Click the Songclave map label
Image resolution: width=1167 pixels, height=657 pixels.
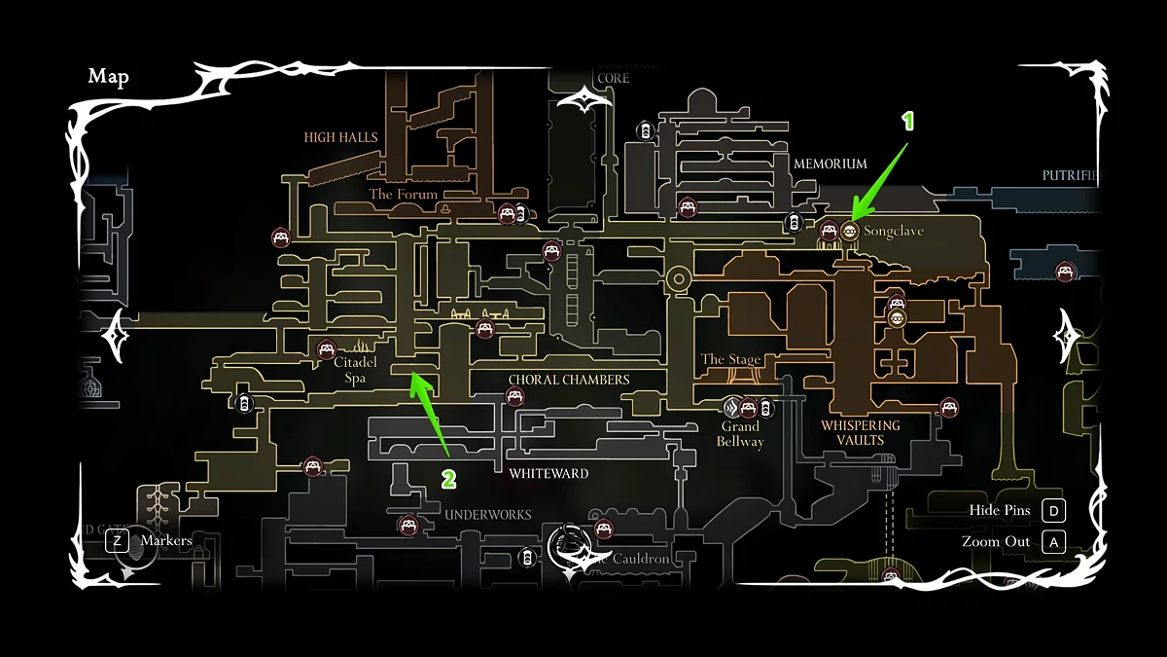tap(893, 232)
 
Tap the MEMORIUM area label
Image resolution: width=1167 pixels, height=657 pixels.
tap(830, 164)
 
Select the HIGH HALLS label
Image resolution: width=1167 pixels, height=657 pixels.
tap(340, 137)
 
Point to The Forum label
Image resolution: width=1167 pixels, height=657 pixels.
tap(403, 195)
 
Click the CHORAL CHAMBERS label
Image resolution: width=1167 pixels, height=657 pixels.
tap(569, 380)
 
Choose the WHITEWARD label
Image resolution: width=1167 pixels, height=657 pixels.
tap(548, 474)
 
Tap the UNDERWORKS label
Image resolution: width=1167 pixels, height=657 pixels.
tap(488, 514)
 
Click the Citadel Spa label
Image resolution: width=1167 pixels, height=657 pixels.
tap(355, 370)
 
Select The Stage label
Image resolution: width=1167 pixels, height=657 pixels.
tap(731, 359)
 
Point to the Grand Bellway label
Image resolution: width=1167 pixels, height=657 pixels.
tap(740, 434)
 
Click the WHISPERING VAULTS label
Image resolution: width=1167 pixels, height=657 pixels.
tap(861, 432)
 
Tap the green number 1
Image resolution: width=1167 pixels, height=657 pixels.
tap(908, 121)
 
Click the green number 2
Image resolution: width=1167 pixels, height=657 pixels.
tap(448, 479)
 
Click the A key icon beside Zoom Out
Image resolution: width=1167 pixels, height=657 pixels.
tap(1053, 542)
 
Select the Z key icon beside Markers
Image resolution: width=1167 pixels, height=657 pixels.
tap(117, 540)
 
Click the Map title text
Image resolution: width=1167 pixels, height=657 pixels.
tap(108, 77)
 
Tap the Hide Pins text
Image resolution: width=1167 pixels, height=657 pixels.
tap(1000, 510)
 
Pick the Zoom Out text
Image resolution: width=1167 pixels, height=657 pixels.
tap(996, 542)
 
